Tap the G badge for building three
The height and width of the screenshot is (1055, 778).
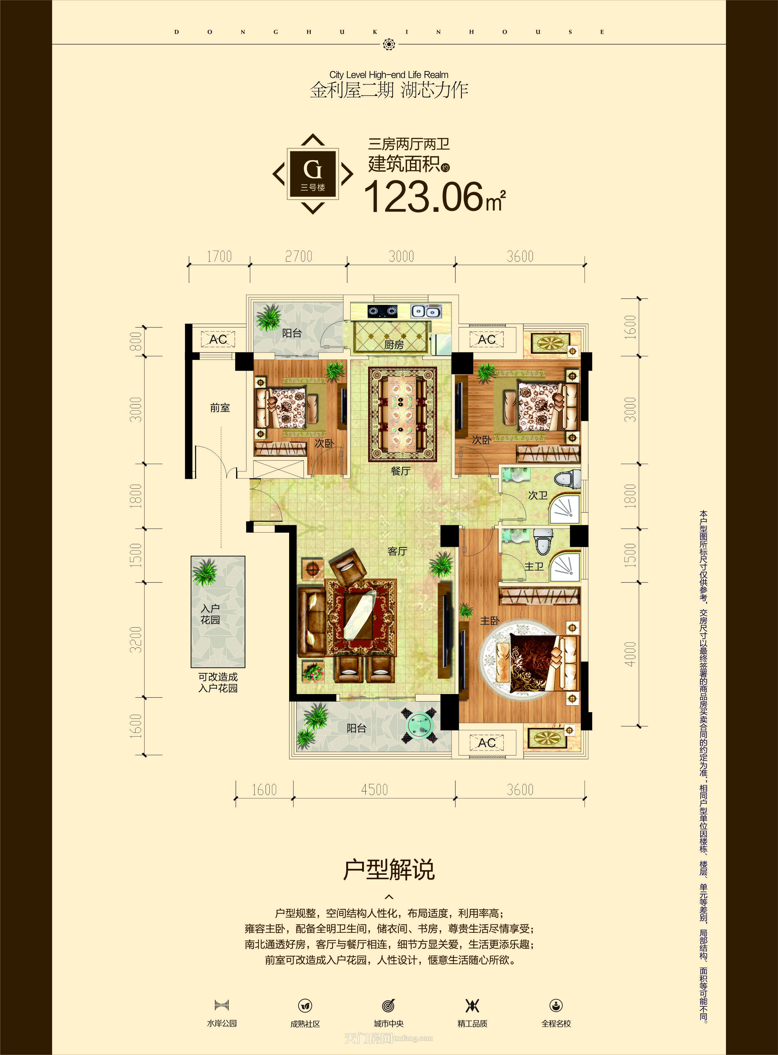(313, 174)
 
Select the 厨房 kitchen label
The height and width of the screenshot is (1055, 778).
(394, 345)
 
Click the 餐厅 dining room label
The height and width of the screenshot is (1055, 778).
(400, 471)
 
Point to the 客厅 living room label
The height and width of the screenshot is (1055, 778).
(397, 551)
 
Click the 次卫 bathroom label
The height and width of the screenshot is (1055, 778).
(537, 495)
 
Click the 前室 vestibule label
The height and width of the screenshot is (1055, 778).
(220, 408)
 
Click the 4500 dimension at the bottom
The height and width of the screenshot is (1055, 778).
(374, 790)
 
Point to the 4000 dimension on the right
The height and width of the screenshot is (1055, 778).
(630, 654)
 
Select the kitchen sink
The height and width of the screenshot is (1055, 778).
(426, 311)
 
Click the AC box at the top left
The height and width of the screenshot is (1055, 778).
(218, 339)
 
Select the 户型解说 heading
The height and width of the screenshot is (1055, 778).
(389, 870)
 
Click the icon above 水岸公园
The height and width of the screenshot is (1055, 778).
(221, 1005)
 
